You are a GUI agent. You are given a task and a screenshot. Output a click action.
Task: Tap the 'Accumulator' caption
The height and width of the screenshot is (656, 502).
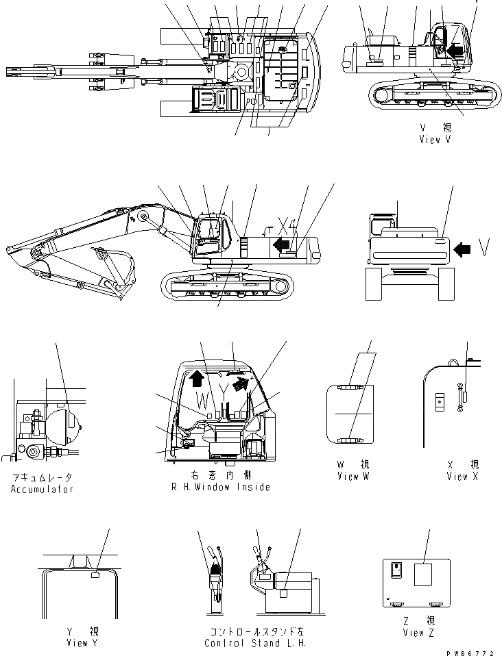42,489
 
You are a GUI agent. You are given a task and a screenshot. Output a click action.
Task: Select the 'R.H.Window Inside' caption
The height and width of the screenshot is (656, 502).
221,487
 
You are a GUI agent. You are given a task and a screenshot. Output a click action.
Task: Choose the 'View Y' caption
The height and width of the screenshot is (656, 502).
77,643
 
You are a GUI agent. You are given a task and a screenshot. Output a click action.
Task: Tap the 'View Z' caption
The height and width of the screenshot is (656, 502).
416,633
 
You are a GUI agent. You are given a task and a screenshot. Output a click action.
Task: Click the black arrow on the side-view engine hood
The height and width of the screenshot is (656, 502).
280,244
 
